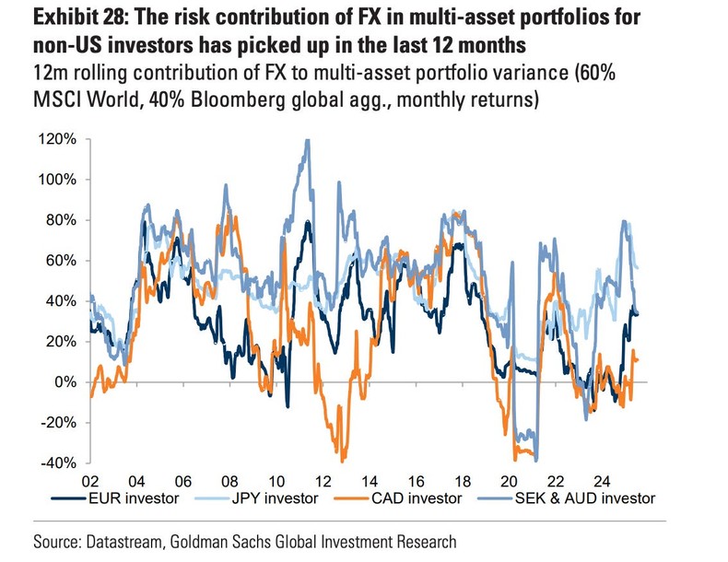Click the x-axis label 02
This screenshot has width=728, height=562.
coord(91,481)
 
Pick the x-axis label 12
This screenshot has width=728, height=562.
coord(323,481)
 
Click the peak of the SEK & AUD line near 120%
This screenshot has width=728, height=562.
coord(305,140)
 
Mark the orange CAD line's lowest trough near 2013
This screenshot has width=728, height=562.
coord(343,460)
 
